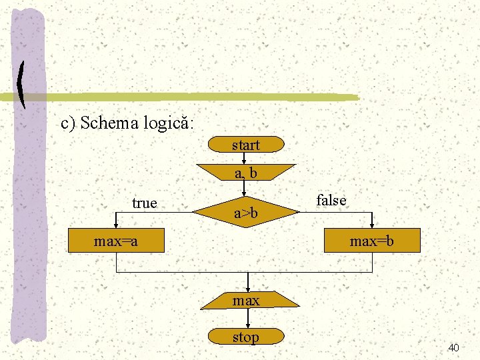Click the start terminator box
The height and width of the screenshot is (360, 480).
coord(245,145)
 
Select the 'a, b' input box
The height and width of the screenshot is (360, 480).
coord(245,173)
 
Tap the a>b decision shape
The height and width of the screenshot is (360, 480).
coord(245,213)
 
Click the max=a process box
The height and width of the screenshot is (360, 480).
coord(117,241)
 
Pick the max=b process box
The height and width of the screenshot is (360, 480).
coord(372,241)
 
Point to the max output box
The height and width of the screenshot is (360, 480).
coord(246,301)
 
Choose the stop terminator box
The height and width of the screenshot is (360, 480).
coord(245,337)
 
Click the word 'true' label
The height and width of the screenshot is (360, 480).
coord(145,203)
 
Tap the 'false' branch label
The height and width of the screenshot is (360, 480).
coord(331,200)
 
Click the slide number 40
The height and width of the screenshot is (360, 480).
coord(454,347)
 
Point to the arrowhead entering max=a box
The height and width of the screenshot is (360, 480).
coord(117,225)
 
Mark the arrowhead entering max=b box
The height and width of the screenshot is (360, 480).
coord(372,225)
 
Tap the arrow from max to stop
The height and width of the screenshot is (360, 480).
coord(247,319)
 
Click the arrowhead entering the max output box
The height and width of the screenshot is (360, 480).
coord(247,289)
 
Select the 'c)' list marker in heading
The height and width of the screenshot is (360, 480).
coord(69,123)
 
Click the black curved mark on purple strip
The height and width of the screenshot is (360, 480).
coord(21,85)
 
